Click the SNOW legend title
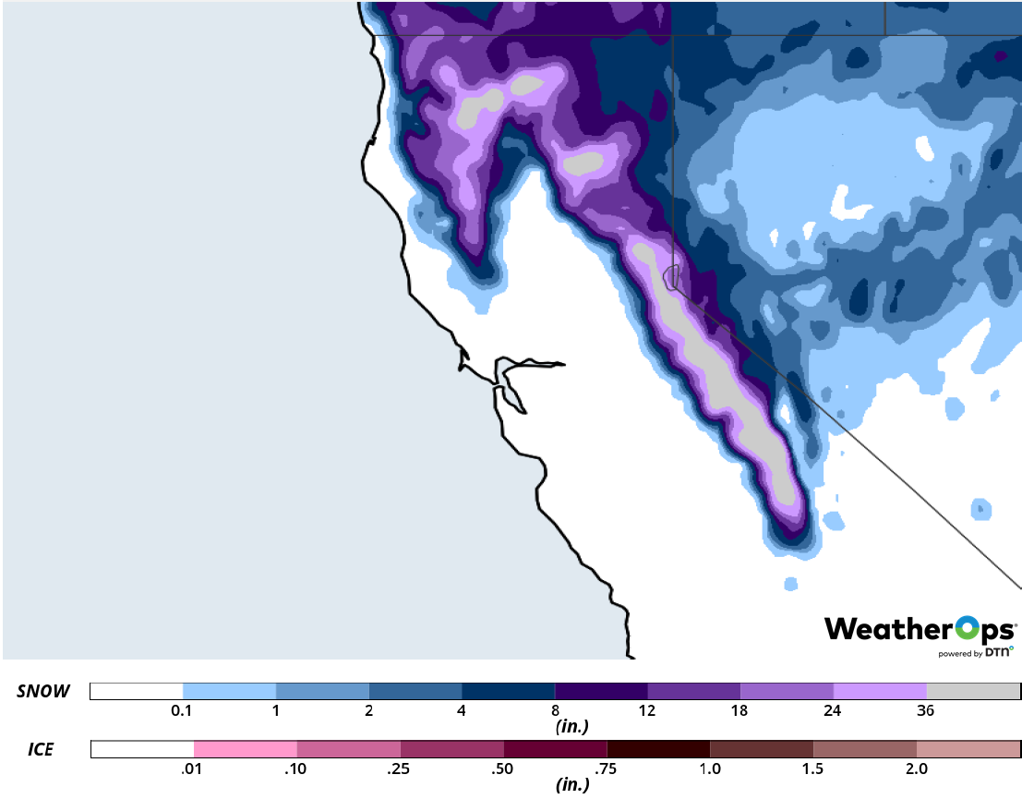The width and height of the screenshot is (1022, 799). pyautogui.click(x=43, y=692)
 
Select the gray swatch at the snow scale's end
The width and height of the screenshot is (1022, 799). pyautogui.click(x=973, y=692)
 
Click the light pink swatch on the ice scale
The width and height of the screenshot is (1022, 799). pyautogui.click(x=245, y=749)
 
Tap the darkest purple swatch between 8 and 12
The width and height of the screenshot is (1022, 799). pyautogui.click(x=600, y=692)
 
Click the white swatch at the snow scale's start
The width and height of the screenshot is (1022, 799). pyautogui.click(x=137, y=692)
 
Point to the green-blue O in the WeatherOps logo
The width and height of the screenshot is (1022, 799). pyautogui.click(x=966, y=631)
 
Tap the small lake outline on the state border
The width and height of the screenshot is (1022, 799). pyautogui.click(x=671, y=275)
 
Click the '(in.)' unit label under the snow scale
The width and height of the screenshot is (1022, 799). pyautogui.click(x=572, y=727)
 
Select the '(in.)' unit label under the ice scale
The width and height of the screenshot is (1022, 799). pyautogui.click(x=572, y=785)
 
